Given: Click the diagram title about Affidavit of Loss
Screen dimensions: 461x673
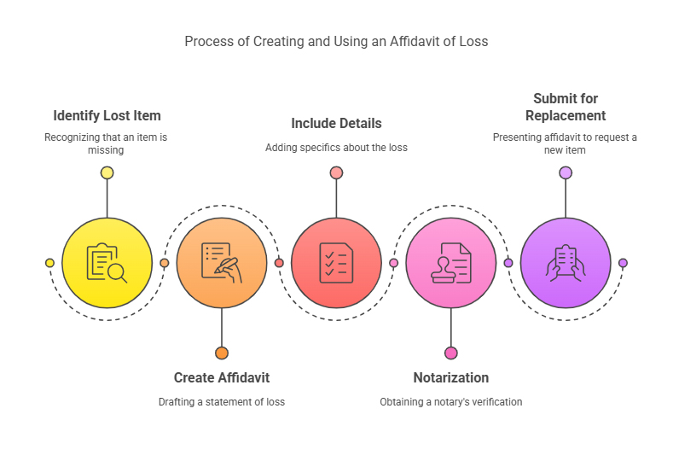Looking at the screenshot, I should (336, 41).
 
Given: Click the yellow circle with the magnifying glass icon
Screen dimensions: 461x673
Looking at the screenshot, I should (107, 262).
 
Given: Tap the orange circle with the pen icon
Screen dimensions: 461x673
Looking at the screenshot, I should (222, 262).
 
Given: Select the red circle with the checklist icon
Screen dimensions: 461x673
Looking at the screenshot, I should (336, 262).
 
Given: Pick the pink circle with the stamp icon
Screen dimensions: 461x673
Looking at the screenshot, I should (450, 262).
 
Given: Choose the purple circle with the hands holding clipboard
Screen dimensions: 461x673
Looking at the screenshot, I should (566, 262).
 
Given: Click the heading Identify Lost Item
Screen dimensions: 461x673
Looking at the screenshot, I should (107, 115).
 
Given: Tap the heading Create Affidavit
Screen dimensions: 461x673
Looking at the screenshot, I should (222, 377).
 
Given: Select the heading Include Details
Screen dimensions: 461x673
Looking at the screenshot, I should (336, 123).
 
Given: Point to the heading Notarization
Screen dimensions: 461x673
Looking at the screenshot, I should (450, 377).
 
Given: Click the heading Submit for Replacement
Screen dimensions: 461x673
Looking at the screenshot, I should (566, 107).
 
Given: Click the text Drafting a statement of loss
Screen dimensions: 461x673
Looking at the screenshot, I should (222, 401).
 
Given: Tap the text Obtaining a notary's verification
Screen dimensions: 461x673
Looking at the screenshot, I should (450, 401).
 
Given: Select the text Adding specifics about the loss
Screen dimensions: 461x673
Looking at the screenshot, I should (336, 147).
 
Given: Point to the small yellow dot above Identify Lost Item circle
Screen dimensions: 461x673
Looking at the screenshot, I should (107, 172).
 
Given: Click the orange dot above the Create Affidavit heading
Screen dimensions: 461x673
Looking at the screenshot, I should (222, 353).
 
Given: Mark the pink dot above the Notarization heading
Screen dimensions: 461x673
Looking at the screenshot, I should (450, 353).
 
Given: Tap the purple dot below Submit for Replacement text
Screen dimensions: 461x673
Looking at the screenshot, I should (566, 172).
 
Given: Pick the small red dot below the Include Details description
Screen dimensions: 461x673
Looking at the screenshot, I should (336, 172).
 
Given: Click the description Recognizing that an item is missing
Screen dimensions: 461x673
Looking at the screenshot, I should (107, 143).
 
